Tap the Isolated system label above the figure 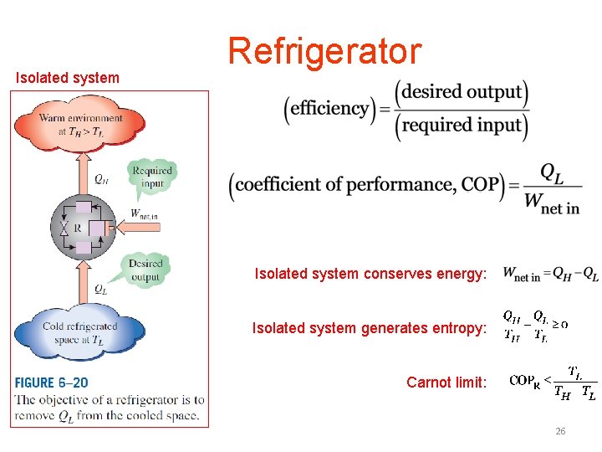(x=68, y=78)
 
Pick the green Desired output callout (x=145, y=270)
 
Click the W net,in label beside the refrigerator (x=144, y=214)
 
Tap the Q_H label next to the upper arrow (x=100, y=178)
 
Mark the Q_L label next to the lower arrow (x=100, y=290)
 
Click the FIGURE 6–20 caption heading (x=52, y=383)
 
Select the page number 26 (x=560, y=431)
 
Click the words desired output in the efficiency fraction (x=462, y=91)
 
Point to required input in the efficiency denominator (x=462, y=125)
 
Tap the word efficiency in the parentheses (x=331, y=108)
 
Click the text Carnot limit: (x=446, y=383)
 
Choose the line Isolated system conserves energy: (x=370, y=274)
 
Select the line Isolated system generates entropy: (x=369, y=328)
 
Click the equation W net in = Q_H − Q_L (x=551, y=275)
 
